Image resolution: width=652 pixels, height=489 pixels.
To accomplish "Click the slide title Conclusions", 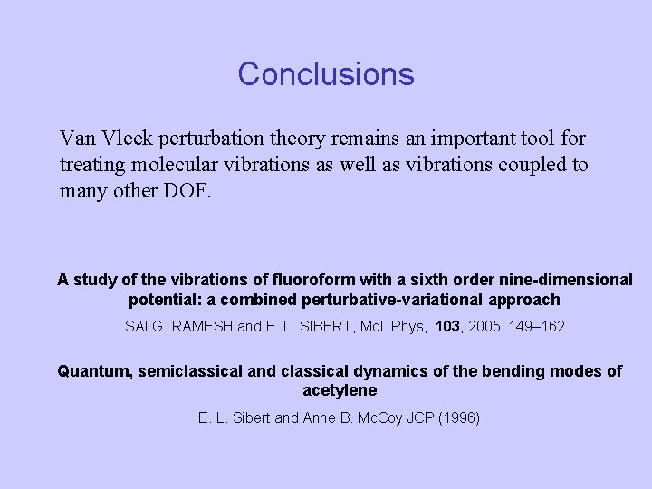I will [326, 74].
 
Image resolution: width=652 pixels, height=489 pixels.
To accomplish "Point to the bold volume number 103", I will [447, 326].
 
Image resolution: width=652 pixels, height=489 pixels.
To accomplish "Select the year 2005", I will [490, 326].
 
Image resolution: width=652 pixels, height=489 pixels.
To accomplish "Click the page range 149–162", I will [540, 326].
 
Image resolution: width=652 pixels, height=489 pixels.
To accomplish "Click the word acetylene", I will [340, 391].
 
